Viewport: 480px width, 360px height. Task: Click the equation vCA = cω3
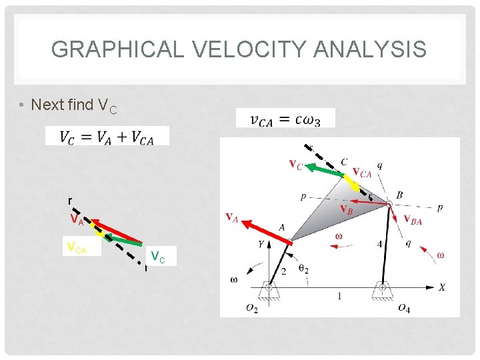tap(285, 119)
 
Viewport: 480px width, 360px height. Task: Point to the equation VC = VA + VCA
tap(107, 136)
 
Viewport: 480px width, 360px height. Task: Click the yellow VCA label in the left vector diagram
tap(77, 248)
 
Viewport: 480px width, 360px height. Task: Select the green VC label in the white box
tap(159, 255)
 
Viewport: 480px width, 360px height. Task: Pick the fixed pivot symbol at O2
tap(269, 290)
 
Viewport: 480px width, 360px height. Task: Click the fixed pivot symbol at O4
tap(383, 290)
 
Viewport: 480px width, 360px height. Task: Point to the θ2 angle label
tap(303, 269)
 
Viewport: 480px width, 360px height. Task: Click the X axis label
tap(441, 287)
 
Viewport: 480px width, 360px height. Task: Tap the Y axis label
tap(261, 244)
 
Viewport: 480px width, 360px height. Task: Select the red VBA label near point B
tap(413, 220)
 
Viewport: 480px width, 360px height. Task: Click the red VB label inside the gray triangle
tap(347, 209)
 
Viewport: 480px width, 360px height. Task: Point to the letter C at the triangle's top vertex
tap(343, 161)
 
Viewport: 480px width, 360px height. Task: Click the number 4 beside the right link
tap(379, 244)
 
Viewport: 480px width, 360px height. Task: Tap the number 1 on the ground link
tap(339, 296)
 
